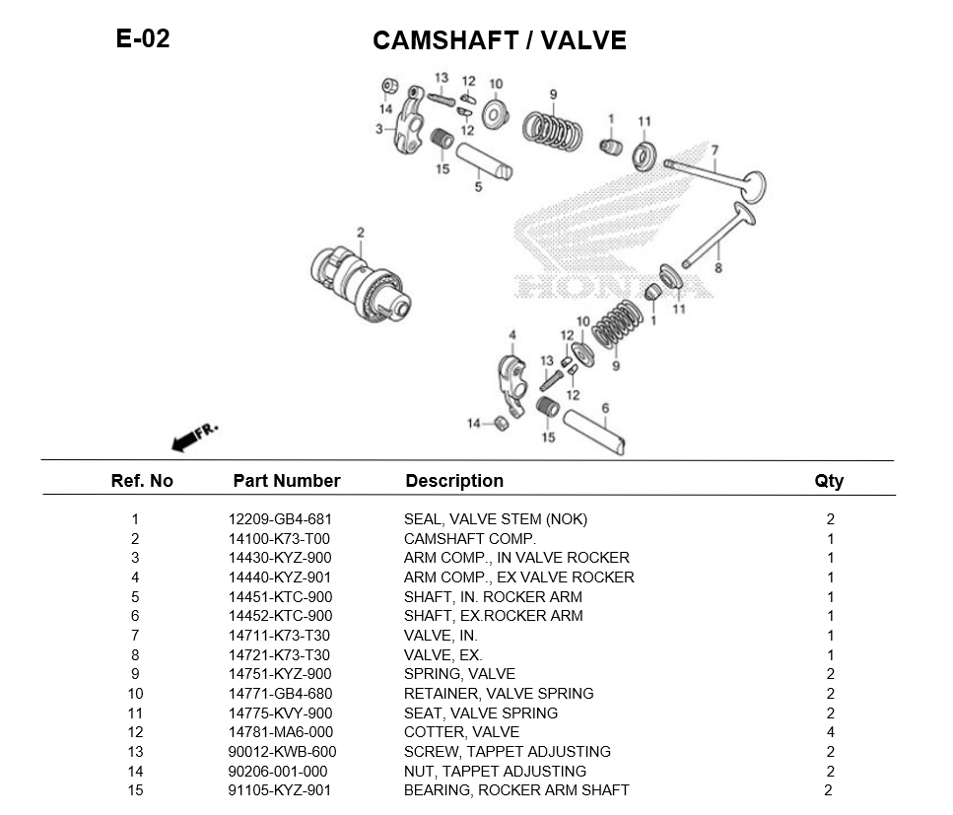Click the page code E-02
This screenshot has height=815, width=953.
click(x=143, y=39)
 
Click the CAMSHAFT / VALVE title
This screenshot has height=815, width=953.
click(x=499, y=40)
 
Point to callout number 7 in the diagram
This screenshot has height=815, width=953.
click(x=715, y=151)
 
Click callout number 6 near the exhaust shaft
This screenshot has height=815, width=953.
click(x=604, y=408)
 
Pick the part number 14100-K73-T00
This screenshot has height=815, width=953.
click(x=279, y=539)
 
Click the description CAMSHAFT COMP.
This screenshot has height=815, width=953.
click(x=469, y=539)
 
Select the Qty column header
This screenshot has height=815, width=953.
click(x=829, y=481)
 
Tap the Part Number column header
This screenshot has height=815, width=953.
click(x=286, y=481)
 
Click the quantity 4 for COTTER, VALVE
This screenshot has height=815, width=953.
click(x=831, y=732)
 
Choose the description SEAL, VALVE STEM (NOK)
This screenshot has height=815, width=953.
click(x=495, y=519)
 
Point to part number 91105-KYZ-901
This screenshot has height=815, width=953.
click(x=280, y=790)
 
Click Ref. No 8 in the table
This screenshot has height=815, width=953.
click(x=135, y=655)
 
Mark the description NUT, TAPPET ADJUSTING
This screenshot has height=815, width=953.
click(x=495, y=771)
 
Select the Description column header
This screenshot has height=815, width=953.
click(x=454, y=481)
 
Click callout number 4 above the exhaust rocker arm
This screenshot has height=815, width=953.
click(x=511, y=336)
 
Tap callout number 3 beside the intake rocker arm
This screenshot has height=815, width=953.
click(x=378, y=129)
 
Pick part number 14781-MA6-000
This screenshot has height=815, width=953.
click(x=281, y=732)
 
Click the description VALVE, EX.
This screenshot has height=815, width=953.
click(x=442, y=655)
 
